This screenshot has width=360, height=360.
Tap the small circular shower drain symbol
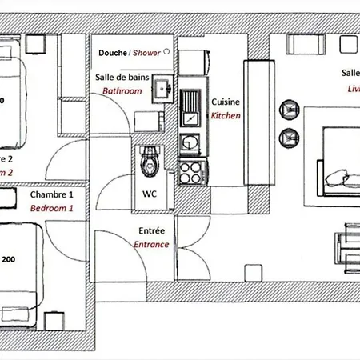(166, 50)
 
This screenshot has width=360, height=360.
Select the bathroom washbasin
(163, 86)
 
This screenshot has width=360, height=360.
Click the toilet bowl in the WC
(149, 164)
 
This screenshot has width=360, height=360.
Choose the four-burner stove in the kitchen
(192, 171)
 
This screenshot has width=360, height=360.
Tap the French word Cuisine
(225, 102)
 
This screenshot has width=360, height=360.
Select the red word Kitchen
(225, 116)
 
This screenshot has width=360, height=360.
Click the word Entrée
(151, 231)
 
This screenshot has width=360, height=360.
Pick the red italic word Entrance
(151, 245)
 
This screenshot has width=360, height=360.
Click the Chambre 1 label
(51, 194)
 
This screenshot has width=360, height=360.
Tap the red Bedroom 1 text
(51, 208)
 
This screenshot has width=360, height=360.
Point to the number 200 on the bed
(8, 259)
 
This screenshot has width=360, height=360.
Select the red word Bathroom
(122, 91)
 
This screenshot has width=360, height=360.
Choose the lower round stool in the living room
(286, 138)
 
